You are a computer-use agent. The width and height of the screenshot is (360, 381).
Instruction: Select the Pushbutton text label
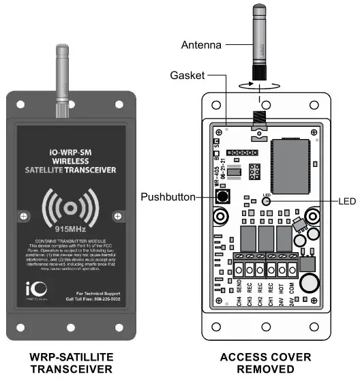pyautogui.click(x=168, y=197)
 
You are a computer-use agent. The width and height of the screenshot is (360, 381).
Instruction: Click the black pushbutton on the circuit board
pyautogui.click(x=222, y=197)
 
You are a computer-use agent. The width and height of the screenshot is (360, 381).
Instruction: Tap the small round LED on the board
pyautogui.click(x=266, y=201)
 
